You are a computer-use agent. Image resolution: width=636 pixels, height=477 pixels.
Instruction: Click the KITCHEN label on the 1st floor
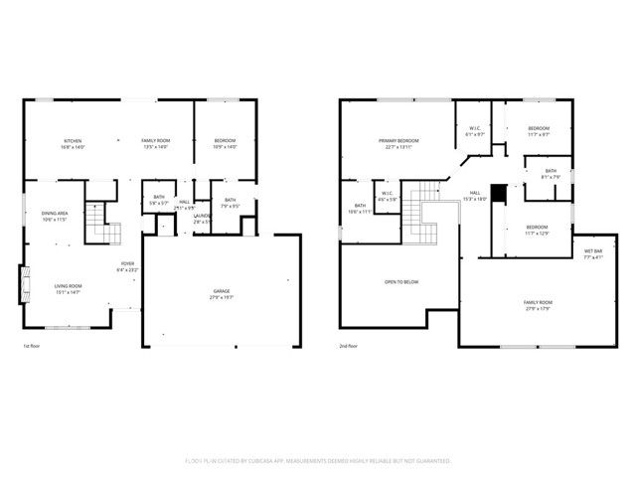click(x=74, y=144)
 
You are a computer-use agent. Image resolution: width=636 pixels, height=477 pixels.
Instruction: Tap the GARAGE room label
click(x=221, y=294)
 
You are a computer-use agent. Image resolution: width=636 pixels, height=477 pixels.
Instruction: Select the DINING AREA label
click(x=54, y=216)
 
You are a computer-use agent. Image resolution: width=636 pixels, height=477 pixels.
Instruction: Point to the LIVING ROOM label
click(x=68, y=289)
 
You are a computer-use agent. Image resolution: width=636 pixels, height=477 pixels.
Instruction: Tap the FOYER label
click(x=128, y=265)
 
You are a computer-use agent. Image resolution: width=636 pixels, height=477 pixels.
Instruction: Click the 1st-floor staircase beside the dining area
click(x=100, y=224)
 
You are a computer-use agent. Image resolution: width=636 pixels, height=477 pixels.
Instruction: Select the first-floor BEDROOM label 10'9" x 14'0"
click(x=225, y=144)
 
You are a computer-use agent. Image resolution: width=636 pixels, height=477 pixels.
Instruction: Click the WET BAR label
click(x=592, y=253)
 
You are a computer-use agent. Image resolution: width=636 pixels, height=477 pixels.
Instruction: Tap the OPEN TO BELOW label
click(x=401, y=282)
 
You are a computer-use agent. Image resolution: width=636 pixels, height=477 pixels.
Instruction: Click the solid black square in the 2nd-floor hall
click(x=499, y=191)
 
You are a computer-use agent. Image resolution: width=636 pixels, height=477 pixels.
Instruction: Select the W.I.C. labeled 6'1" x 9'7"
click(x=476, y=131)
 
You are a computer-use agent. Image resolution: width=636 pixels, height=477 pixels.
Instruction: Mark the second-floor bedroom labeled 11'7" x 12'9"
click(x=537, y=230)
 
